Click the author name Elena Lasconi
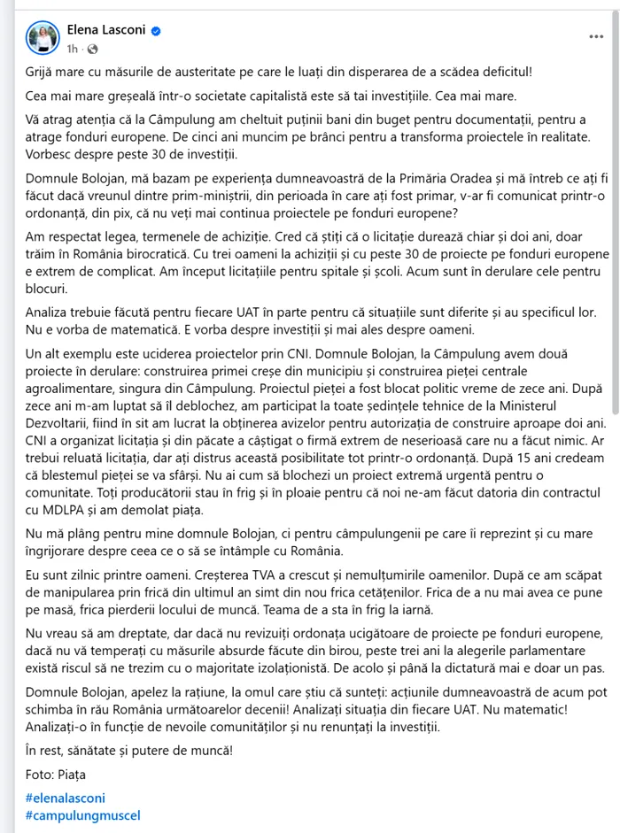(106, 30)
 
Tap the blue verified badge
(156, 31)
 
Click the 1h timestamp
(73, 48)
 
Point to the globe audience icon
(91, 48)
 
